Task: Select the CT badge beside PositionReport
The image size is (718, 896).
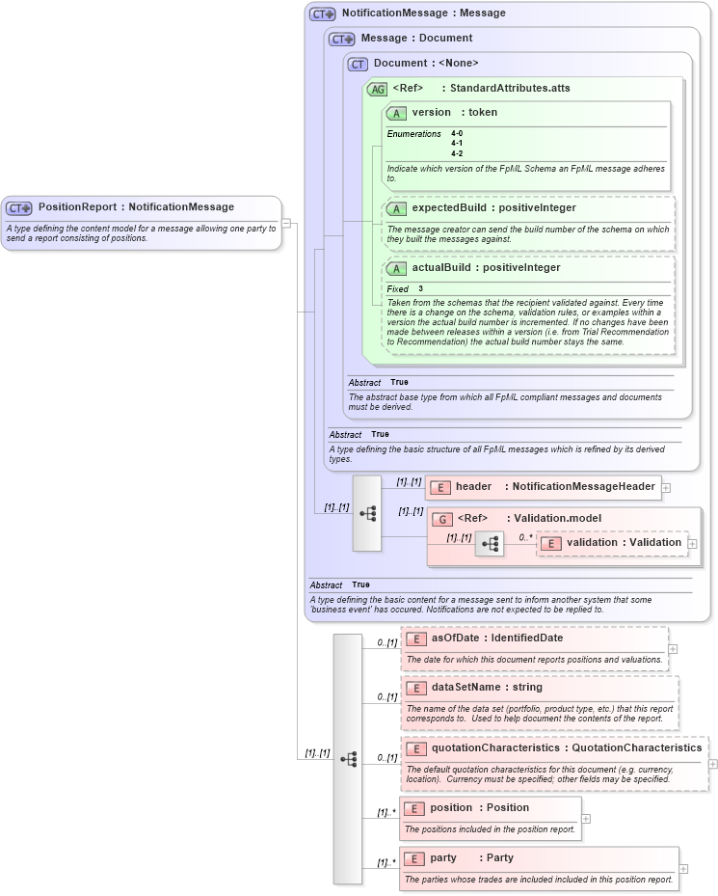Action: tap(19, 207)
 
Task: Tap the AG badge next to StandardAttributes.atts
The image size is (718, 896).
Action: tap(377, 88)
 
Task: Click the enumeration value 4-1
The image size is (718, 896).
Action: tap(457, 143)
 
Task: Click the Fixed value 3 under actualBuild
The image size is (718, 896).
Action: tap(420, 289)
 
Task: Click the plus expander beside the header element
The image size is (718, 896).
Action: tap(666, 488)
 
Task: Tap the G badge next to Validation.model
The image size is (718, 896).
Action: tap(442, 519)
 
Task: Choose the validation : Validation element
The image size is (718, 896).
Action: tap(623, 543)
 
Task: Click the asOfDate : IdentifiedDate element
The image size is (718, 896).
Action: tap(496, 638)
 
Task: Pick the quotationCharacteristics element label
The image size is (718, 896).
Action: tap(494, 747)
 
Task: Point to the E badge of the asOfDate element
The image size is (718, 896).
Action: tap(416, 638)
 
